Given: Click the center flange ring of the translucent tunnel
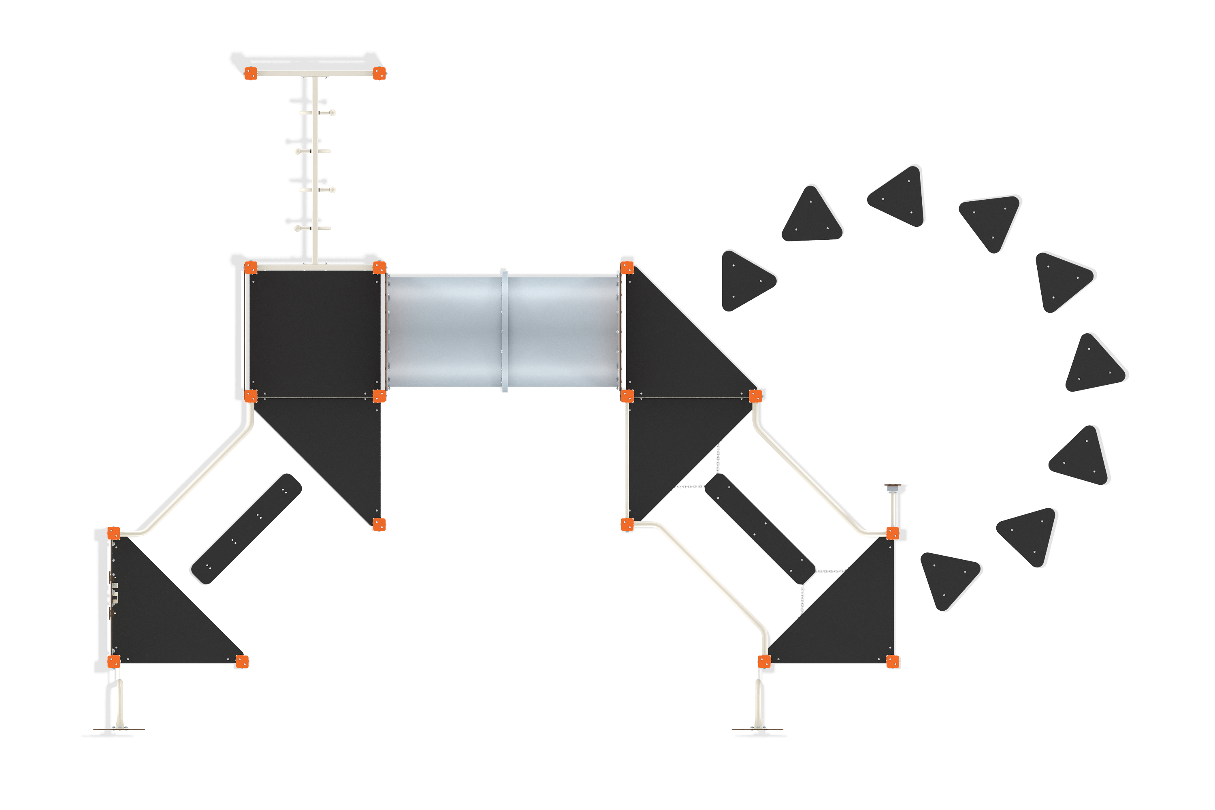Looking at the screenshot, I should point(504,330).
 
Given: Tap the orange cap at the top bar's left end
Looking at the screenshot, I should point(251,73).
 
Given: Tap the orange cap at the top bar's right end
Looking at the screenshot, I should point(379,73).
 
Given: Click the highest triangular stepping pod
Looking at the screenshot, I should point(899,197).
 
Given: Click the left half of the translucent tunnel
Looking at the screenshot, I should point(444,330).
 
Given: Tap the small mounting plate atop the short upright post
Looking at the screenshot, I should point(896,486).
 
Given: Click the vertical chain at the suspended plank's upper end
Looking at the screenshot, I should point(718,457).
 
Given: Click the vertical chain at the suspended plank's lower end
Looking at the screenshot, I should point(802,599).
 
